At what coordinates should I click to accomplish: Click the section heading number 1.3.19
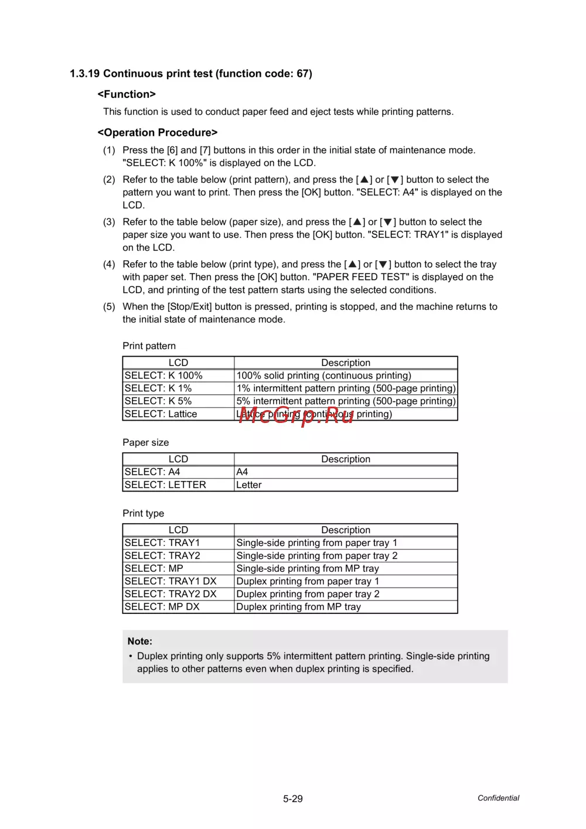tap(85, 74)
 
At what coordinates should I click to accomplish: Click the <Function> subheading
tap(127, 94)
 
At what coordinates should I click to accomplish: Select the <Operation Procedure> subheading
tap(158, 133)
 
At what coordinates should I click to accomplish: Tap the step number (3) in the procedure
tap(109, 222)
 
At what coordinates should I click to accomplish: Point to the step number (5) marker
tap(109, 307)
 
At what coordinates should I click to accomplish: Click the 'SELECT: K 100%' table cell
tap(163, 376)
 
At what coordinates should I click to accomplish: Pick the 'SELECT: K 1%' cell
tap(158, 388)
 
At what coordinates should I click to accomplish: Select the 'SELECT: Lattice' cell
tap(161, 414)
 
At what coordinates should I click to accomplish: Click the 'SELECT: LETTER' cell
tap(165, 485)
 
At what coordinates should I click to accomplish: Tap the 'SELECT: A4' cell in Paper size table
tap(152, 472)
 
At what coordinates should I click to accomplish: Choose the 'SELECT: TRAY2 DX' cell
tap(171, 594)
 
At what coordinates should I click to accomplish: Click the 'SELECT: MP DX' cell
tap(162, 607)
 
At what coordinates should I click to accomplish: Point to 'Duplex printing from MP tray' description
tap(298, 607)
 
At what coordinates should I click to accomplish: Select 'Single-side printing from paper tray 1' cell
tap(316, 543)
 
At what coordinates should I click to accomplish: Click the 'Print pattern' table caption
tap(149, 346)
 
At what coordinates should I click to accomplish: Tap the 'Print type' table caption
tap(143, 514)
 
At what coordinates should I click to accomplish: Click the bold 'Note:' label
tap(140, 642)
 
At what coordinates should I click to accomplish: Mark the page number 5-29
tap(293, 799)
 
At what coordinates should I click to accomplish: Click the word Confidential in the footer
tap(498, 798)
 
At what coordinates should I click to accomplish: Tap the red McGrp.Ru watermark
tap(297, 415)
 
